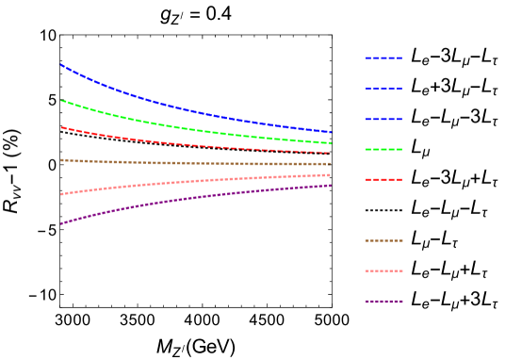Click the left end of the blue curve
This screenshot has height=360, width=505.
[61, 65]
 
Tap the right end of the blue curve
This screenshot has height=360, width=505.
[331, 132]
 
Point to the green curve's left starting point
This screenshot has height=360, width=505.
[61, 101]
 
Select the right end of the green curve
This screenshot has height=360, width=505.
[331, 143]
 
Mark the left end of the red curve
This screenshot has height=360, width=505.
[61, 127]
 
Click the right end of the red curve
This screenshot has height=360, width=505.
[331, 153]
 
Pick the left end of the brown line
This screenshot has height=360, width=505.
[61, 160]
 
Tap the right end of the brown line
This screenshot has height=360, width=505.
[331, 164]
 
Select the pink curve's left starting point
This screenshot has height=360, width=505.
[61, 194]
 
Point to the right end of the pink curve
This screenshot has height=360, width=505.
[331, 174]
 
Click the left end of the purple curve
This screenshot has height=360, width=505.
[61, 223]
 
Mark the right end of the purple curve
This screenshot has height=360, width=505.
[331, 185]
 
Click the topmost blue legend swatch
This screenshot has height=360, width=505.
[384, 58]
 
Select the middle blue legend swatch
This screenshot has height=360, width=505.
[384, 89]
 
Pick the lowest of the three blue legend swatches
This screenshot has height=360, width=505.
[384, 119]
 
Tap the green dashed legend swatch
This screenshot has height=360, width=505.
[384, 149]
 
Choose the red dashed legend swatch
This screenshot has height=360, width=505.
[384, 179]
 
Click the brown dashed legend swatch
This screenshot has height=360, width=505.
[384, 240]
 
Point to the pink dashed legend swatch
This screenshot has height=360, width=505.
[384, 270]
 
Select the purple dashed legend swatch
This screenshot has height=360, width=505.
[384, 302]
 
